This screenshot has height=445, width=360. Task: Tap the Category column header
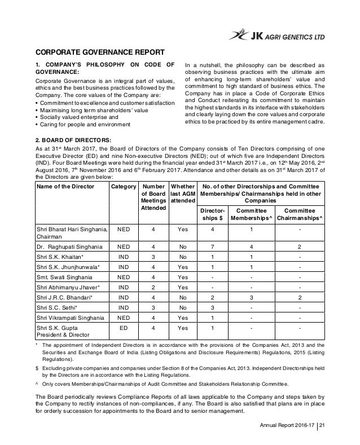(123, 186)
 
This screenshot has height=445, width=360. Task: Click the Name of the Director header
(65, 186)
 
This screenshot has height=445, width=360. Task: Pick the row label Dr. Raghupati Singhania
(69, 246)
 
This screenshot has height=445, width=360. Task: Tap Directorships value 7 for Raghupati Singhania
(212, 246)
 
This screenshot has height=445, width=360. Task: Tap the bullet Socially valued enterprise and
(76, 117)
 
